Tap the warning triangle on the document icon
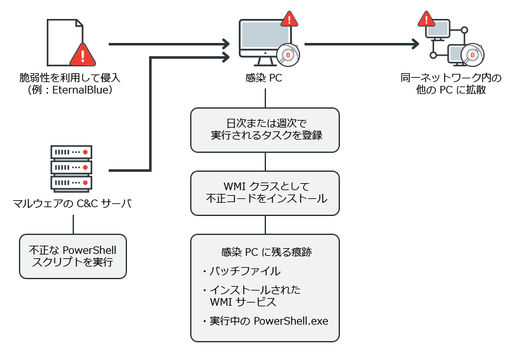point(81,55)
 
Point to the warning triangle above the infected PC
point(289,19)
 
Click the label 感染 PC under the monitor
point(264,79)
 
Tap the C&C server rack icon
point(71,167)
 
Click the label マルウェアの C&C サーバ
point(72,203)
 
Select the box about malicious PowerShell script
point(73,256)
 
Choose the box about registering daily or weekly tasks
point(265,129)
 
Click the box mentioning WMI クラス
point(265,193)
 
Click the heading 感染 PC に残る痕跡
point(265,252)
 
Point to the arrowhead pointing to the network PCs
point(415,44)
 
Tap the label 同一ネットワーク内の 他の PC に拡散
point(451,84)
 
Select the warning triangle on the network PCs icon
point(426,20)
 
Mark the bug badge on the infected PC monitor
point(289,55)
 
